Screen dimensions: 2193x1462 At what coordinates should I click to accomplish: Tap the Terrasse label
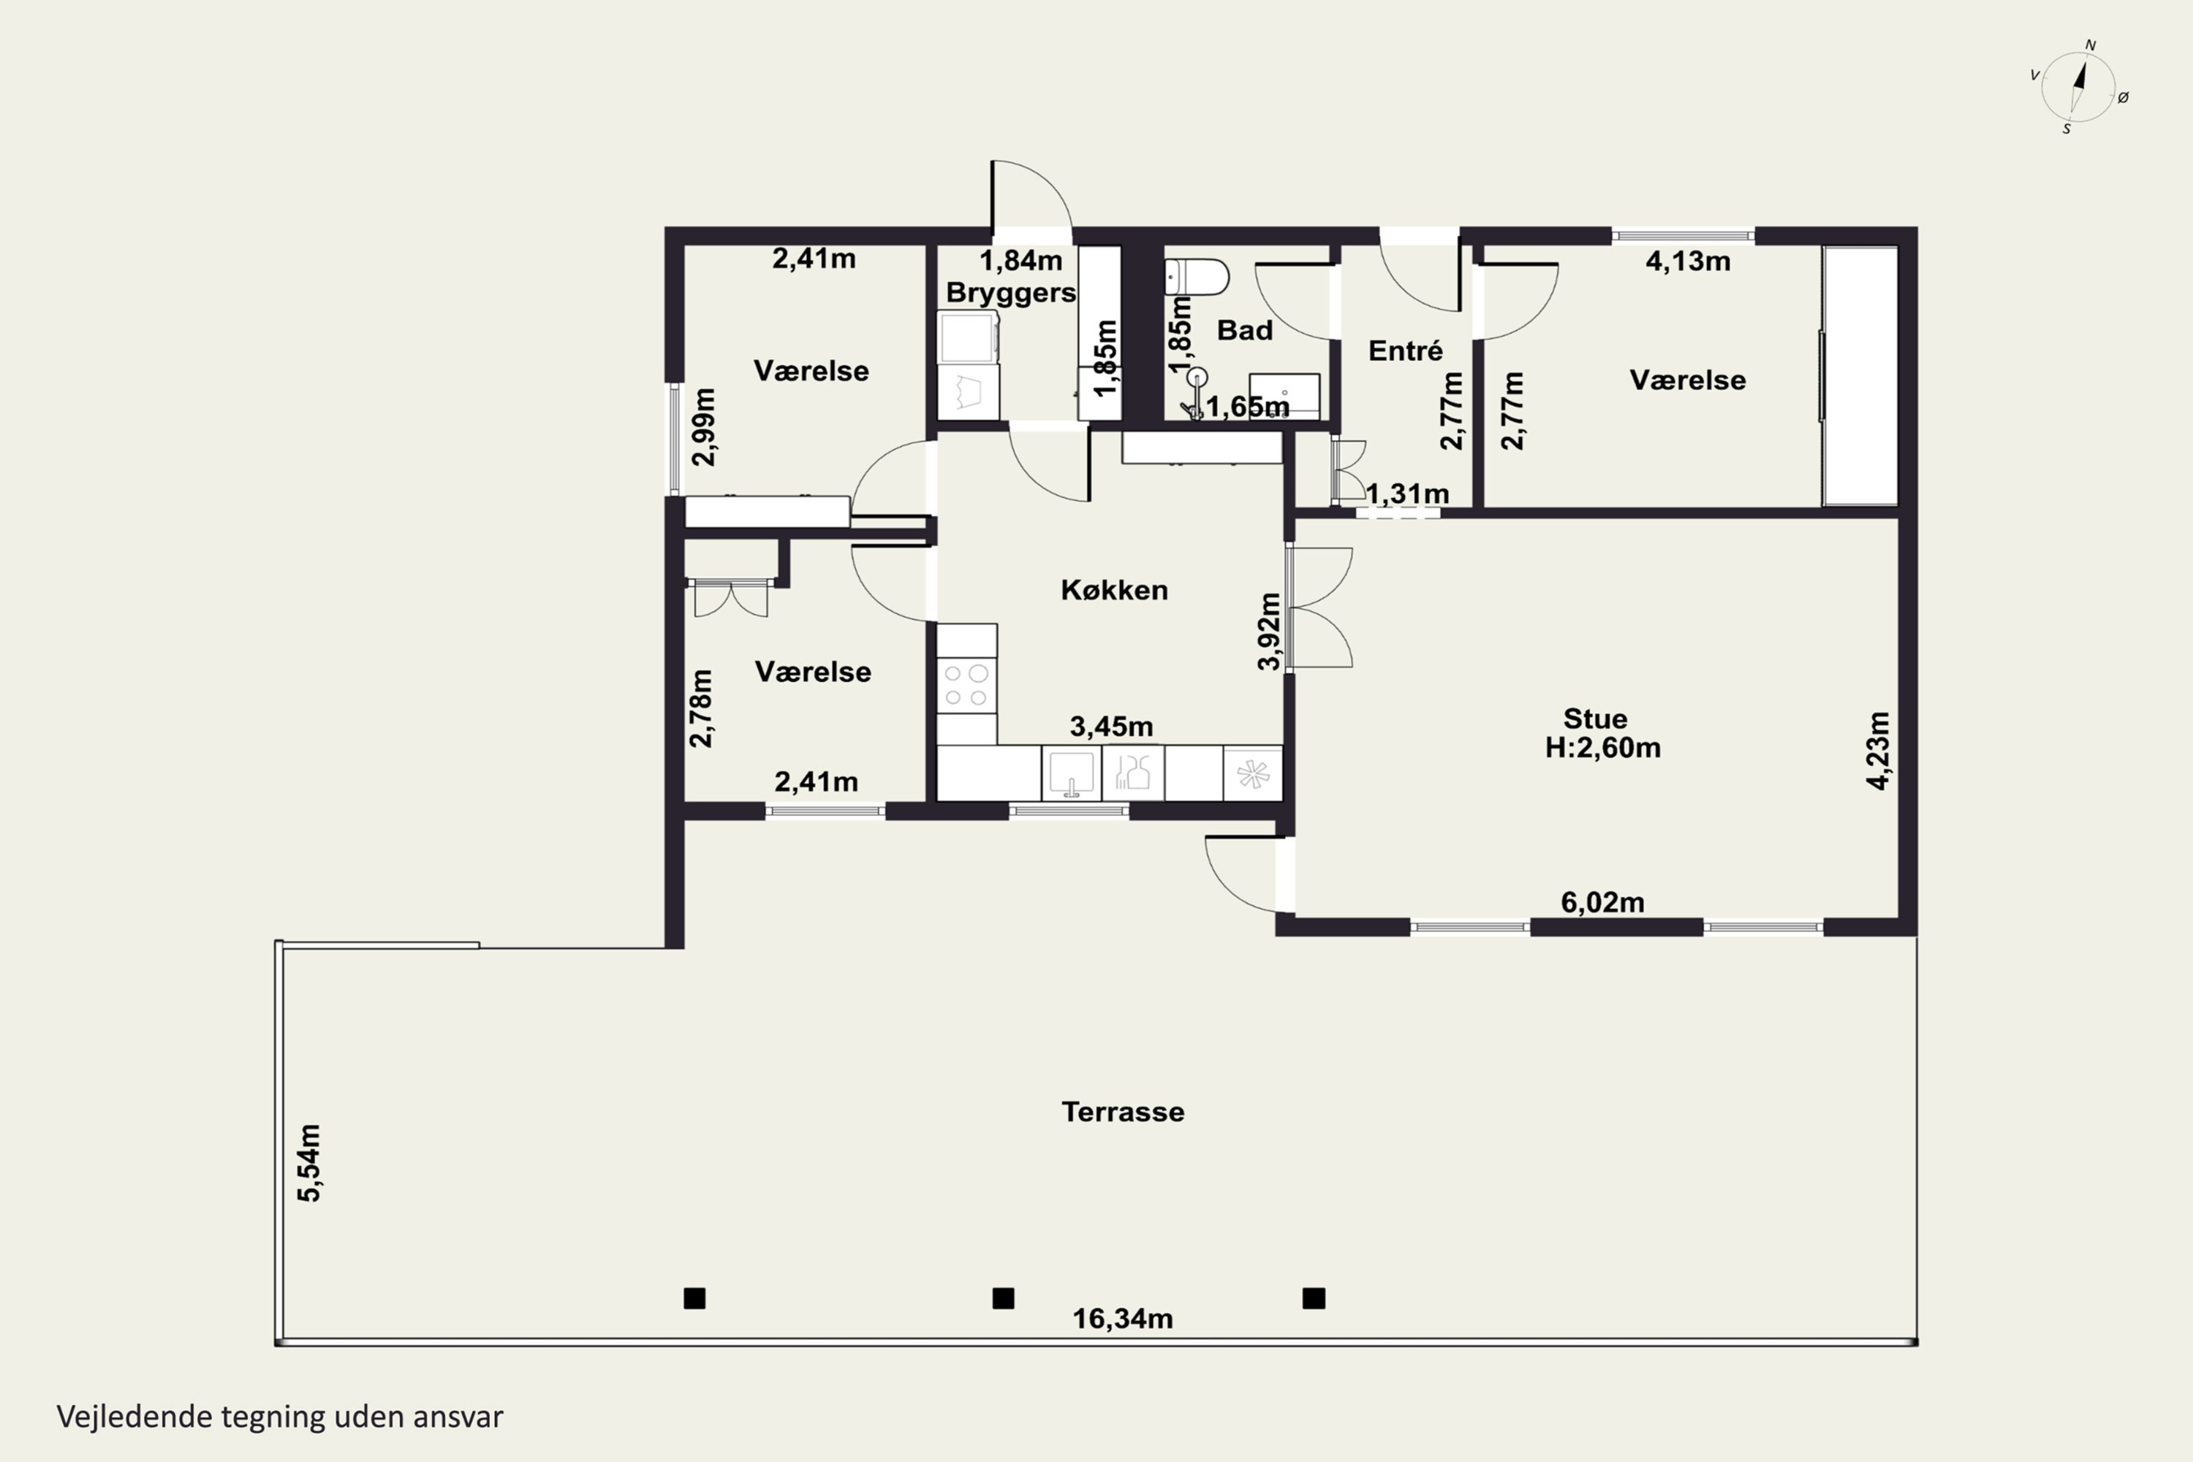(1123, 1111)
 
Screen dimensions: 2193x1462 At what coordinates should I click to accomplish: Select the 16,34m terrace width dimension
(1123, 1319)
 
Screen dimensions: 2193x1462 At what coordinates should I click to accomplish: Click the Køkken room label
(1114, 589)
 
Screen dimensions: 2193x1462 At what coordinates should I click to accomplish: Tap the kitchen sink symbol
(1072, 773)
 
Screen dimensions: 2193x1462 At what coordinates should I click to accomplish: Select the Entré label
(1405, 351)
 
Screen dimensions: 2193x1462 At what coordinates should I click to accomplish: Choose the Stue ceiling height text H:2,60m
(1603, 748)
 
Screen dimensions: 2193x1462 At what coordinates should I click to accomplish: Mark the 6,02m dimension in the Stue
(1603, 901)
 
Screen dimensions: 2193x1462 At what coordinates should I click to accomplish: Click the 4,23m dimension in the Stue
(1879, 751)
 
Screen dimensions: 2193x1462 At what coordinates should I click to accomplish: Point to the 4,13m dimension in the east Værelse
(1688, 261)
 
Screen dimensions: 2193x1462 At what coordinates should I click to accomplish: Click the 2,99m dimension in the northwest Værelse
(705, 427)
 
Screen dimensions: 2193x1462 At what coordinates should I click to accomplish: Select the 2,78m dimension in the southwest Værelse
(701, 708)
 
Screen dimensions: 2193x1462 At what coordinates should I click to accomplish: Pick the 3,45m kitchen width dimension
(1111, 725)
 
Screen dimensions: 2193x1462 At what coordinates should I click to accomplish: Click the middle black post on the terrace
(1003, 1298)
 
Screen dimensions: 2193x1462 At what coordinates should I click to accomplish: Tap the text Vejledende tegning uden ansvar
(280, 1417)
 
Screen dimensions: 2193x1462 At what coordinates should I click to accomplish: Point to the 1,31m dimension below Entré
(1407, 493)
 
